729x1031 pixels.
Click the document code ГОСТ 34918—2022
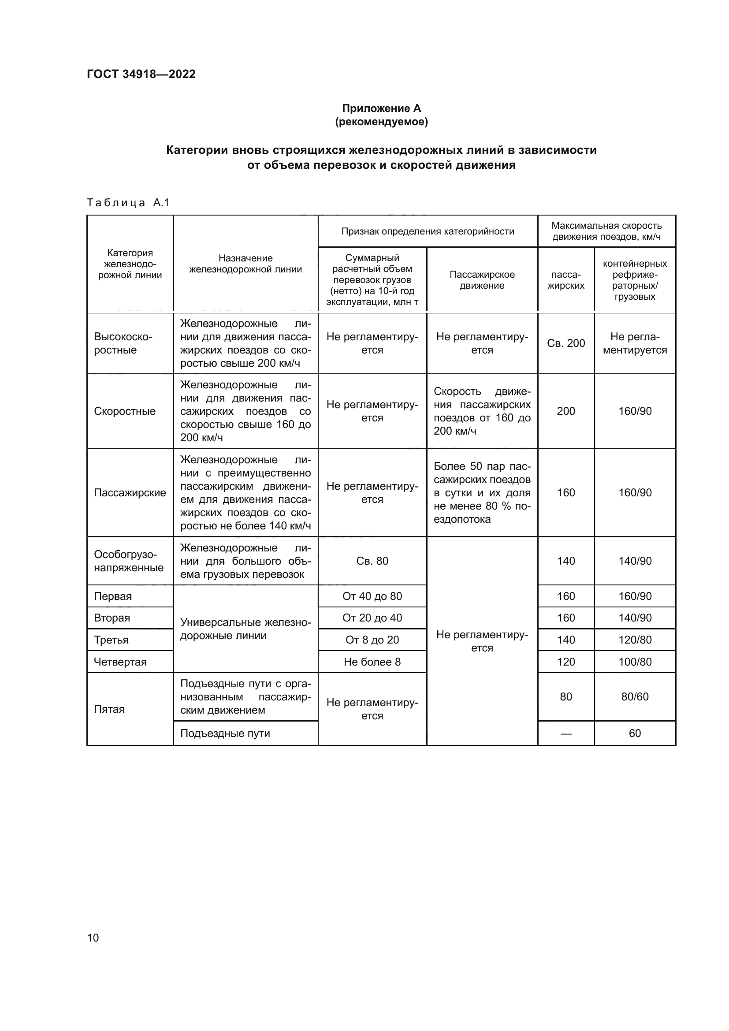(141, 74)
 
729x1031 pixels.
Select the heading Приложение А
(381, 108)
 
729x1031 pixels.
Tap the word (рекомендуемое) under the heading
(381, 122)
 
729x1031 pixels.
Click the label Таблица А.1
(128, 203)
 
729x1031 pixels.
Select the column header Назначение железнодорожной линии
(245, 264)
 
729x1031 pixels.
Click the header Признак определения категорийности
(428, 231)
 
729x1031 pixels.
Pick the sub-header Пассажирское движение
(482, 280)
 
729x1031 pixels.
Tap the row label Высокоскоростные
(123, 343)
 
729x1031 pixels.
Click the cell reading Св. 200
(565, 343)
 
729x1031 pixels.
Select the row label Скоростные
(124, 411)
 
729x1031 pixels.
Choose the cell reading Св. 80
(372, 561)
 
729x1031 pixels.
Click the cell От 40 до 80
(372, 596)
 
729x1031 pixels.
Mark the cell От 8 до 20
(372, 640)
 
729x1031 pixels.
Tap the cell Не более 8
(372, 662)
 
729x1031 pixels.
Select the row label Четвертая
(120, 662)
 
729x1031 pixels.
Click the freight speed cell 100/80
(634, 662)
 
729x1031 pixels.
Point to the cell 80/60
(634, 696)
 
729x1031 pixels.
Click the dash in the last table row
(565, 734)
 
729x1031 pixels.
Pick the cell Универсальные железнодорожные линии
(245, 629)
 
